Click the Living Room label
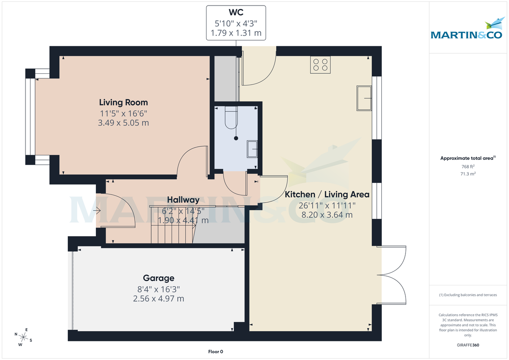(x=123, y=102)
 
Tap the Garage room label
(x=158, y=278)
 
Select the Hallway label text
(x=183, y=200)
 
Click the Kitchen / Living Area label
(x=327, y=195)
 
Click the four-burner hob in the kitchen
(x=320, y=65)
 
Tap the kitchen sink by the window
(x=364, y=98)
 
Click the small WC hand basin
(x=252, y=148)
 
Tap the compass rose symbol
(x=24, y=338)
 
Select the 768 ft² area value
(x=468, y=167)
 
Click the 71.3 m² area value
(x=468, y=173)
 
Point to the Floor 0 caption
(x=215, y=352)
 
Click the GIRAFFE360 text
(x=468, y=345)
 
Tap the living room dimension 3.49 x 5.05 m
(x=123, y=123)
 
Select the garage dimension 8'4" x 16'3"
(x=158, y=289)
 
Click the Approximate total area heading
(x=467, y=158)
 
